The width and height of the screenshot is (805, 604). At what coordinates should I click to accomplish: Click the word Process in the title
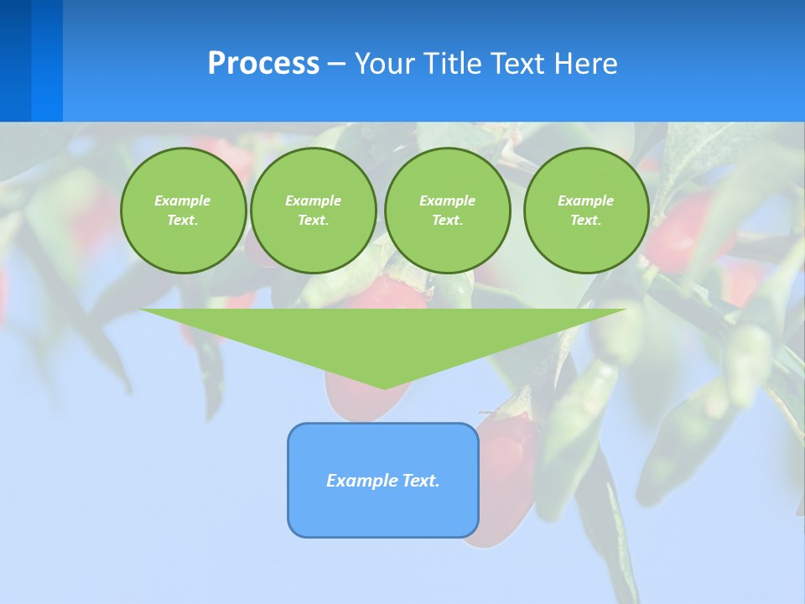click(x=263, y=64)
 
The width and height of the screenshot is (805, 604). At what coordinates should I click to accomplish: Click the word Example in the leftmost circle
click(x=183, y=200)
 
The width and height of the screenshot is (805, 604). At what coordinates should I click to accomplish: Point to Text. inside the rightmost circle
click(x=585, y=220)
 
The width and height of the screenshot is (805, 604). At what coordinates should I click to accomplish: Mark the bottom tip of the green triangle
click(x=384, y=387)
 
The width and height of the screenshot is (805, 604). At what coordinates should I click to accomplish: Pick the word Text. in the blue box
click(x=421, y=481)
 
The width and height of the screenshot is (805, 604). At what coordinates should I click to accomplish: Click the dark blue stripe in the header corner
click(x=15, y=60)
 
